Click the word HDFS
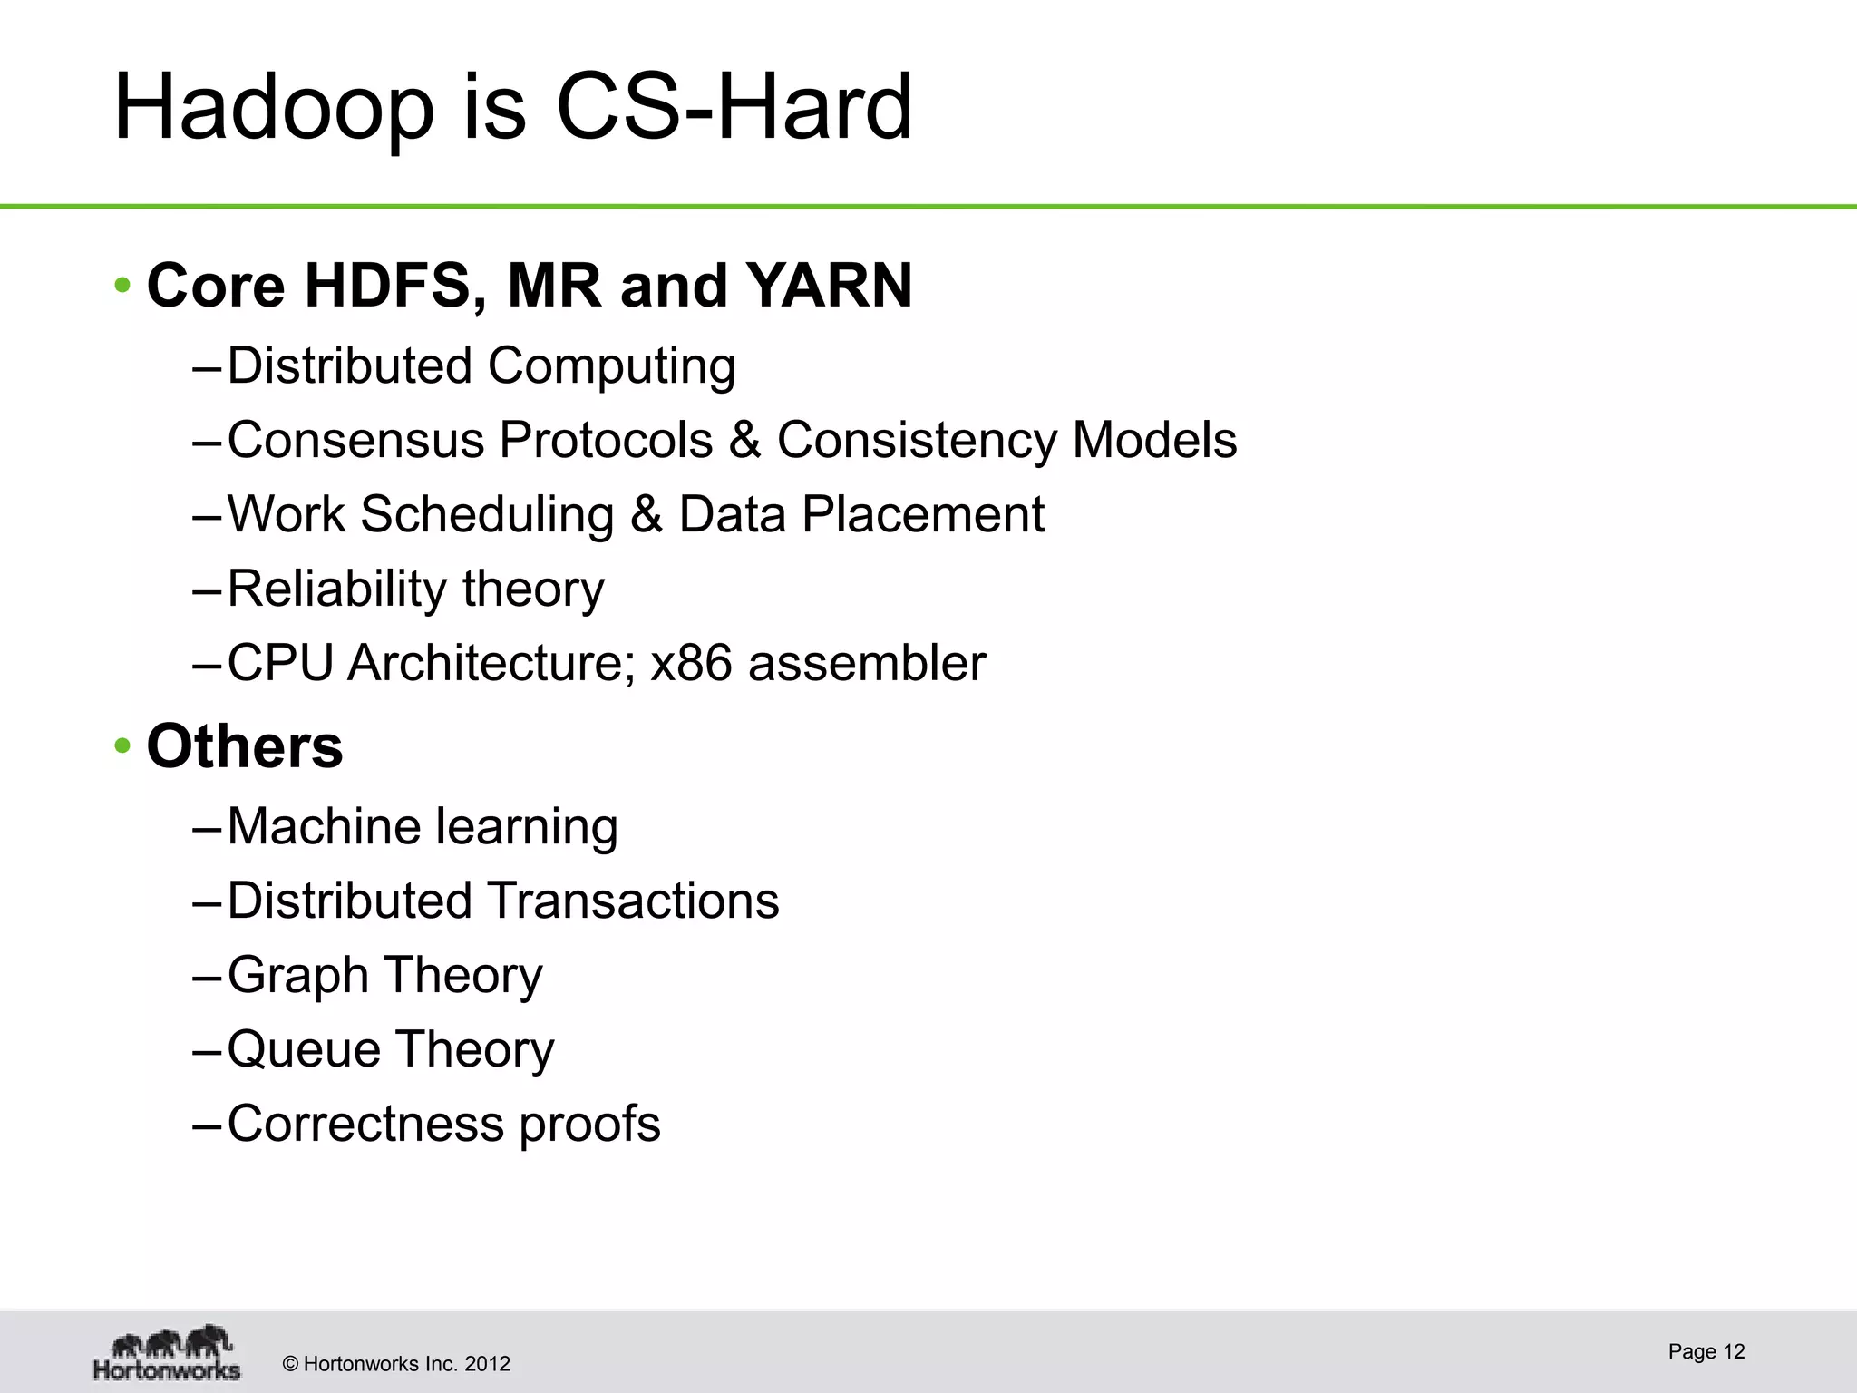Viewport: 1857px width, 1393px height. click(389, 287)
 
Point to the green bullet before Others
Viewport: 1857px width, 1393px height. click(123, 747)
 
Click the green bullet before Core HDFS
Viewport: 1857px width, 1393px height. click(123, 287)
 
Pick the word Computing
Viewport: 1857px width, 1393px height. click(611, 367)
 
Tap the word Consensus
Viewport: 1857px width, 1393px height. click(355, 441)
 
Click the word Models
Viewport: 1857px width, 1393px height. click(1153, 441)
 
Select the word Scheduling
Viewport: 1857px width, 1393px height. click(487, 516)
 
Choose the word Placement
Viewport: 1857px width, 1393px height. click(922, 515)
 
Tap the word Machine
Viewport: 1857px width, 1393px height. click(324, 827)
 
